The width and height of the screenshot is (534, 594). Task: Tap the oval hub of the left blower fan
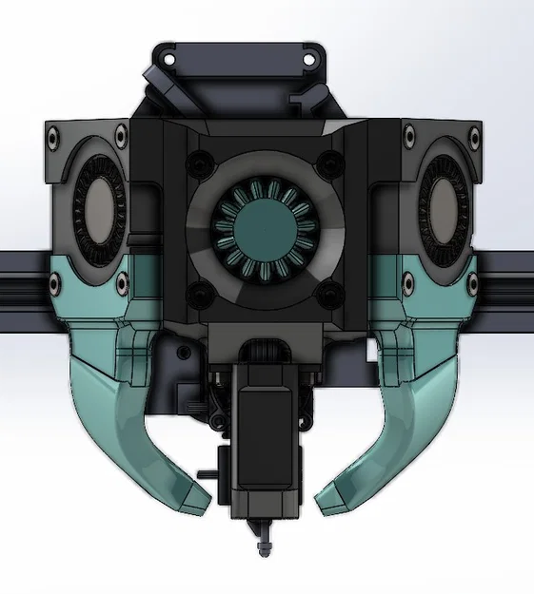click(x=96, y=206)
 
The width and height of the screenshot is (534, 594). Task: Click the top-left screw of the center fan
click(x=195, y=159)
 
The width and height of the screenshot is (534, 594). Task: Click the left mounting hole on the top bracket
click(x=169, y=60)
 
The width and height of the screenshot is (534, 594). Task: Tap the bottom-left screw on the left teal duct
click(x=54, y=282)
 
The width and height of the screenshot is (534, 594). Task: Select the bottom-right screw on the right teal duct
click(x=476, y=280)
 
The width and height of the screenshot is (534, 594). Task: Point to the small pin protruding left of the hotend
click(x=205, y=472)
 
